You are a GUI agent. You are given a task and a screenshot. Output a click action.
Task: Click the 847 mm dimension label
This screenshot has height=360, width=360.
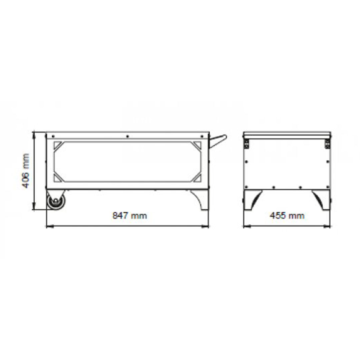(130, 216)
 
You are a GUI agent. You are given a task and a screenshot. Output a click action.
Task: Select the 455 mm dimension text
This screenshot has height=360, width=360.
(287, 216)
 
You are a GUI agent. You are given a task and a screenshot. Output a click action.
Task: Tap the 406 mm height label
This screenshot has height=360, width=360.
(26, 171)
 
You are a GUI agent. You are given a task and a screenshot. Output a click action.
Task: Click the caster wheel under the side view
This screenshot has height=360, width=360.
(56, 200)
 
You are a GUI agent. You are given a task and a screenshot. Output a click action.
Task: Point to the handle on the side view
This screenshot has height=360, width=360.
(218, 140)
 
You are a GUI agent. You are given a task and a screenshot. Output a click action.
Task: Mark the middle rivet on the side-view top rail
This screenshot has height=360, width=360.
(127, 136)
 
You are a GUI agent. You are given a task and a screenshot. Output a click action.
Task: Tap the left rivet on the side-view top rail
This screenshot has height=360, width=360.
(53, 136)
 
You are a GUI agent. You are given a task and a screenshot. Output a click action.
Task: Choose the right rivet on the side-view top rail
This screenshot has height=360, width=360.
(202, 136)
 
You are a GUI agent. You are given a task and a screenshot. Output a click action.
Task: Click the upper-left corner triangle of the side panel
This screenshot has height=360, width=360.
(57, 145)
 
